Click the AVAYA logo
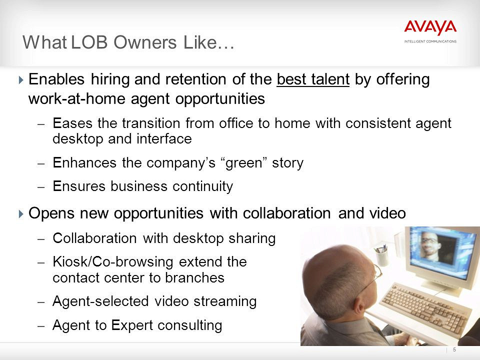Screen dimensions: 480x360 430,28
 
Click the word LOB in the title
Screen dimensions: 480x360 89,42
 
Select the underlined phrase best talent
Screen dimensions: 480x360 313,79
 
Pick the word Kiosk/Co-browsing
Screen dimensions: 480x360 113,262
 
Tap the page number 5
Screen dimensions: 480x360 454,349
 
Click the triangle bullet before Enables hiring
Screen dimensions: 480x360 21,80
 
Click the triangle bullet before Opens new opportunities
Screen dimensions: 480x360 21,213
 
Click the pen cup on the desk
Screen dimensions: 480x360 380,255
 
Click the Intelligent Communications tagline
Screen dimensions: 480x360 430,41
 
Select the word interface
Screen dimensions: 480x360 164,139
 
